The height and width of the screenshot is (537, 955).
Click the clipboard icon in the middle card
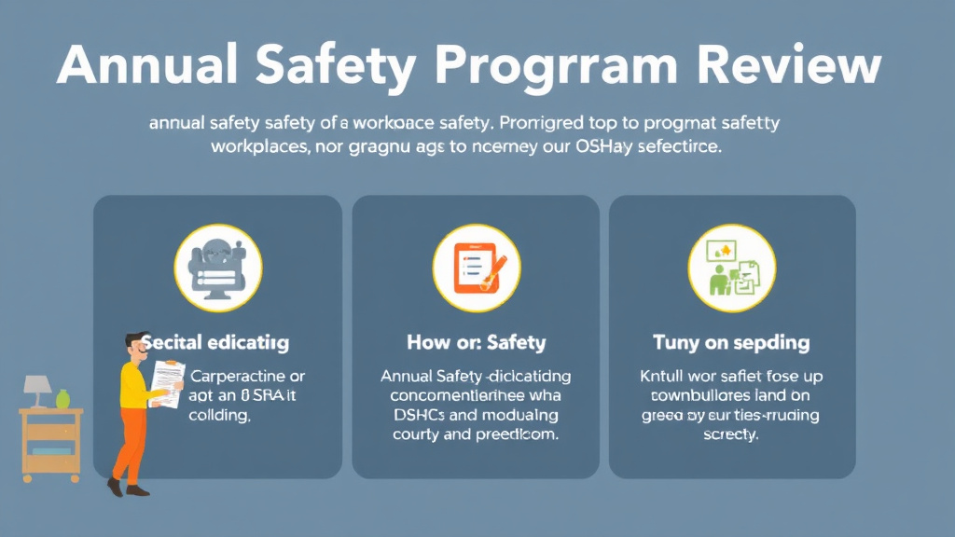point(476,267)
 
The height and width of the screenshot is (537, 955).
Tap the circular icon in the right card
point(731,268)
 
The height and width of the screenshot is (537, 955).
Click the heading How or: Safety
point(476,343)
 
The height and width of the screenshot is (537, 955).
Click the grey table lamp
point(37,387)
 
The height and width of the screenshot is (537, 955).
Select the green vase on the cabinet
point(63,399)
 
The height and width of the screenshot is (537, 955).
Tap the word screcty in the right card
point(732,435)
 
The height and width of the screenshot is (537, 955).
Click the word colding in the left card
point(220,417)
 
